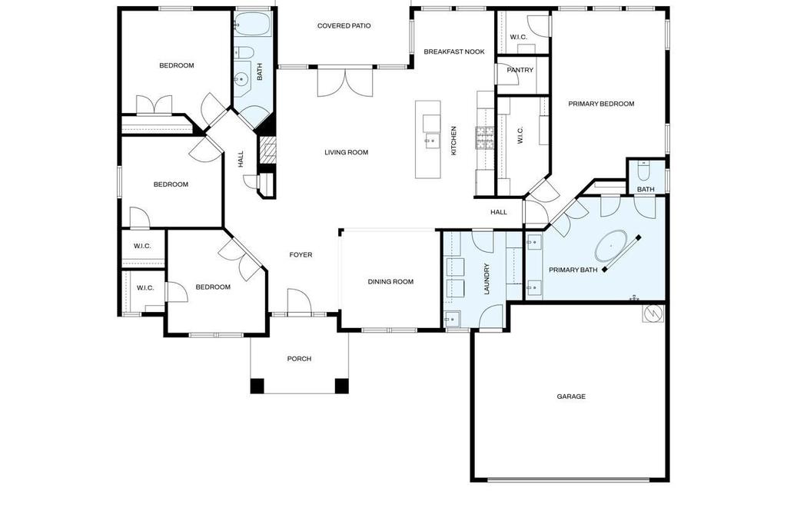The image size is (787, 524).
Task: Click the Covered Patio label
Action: tap(344, 25)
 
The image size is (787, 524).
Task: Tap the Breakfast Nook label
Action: tap(454, 51)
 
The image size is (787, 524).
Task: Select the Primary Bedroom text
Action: tap(601, 104)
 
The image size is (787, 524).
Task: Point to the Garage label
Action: tap(571, 396)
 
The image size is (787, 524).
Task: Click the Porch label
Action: tap(299, 359)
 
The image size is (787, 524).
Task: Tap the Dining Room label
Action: tap(390, 281)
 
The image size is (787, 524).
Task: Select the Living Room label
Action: tap(347, 153)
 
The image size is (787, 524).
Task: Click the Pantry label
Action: tap(520, 70)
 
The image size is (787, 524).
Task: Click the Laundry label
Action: tap(486, 279)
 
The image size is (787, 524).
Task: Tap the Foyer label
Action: tap(301, 255)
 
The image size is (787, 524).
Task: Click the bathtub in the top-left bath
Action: tap(252, 24)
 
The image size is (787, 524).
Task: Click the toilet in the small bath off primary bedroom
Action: tap(643, 171)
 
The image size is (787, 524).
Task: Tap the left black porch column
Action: tap(257, 386)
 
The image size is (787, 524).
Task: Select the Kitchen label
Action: tap(453, 141)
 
